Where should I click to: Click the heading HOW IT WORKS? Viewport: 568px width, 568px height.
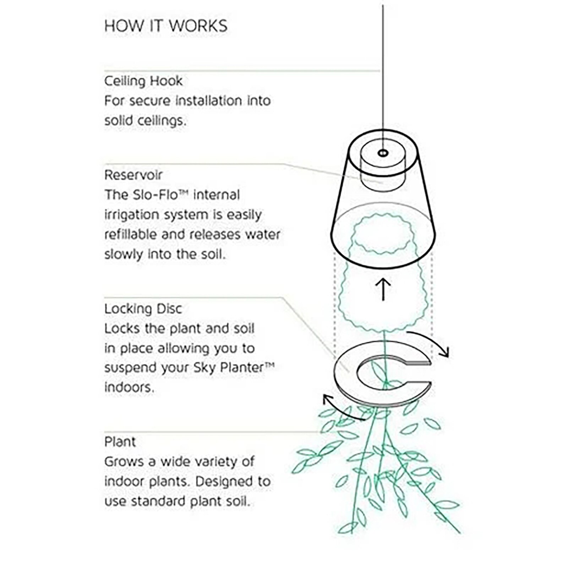166,26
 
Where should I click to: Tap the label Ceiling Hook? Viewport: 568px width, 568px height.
143,81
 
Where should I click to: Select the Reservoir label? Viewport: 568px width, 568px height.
133,175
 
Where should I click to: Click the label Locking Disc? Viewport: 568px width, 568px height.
143,309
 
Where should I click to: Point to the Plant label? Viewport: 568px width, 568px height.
120,442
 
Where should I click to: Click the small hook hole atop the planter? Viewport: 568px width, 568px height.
383,153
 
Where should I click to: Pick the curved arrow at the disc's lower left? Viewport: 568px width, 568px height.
339,408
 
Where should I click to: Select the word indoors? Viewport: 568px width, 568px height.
129,387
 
